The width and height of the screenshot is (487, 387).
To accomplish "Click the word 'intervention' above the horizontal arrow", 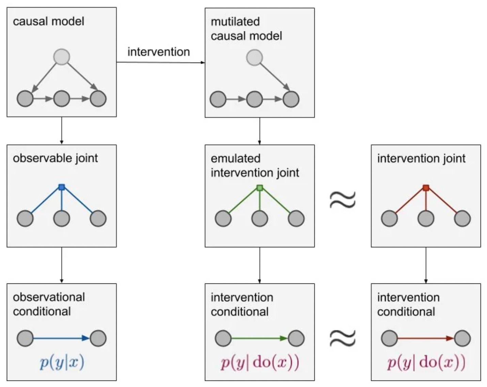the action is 159,52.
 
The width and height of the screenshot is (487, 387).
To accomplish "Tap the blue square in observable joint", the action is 62,187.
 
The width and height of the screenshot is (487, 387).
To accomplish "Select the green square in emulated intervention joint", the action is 260,188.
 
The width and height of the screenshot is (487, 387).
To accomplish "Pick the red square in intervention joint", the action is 426,188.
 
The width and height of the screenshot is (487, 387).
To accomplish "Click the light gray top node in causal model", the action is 62,57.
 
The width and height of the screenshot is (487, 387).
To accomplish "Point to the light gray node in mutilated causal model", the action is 255,58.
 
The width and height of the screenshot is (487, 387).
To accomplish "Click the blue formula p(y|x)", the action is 62,362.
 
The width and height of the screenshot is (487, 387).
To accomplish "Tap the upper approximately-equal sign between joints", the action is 343,199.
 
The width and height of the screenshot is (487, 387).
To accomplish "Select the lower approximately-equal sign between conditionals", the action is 343,338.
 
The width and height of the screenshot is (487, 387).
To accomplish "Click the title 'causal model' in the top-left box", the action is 48,21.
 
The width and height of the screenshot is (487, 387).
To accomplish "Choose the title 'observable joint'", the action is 56,158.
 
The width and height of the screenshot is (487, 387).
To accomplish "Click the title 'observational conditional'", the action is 49,304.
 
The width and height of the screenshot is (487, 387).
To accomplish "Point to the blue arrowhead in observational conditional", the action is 85,338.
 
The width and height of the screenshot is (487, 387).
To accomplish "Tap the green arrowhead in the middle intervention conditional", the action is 284,338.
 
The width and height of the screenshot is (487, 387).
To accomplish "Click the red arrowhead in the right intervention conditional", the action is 450,338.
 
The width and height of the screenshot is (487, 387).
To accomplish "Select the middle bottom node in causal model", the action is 62,99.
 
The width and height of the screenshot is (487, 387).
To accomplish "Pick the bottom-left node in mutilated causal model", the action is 218,99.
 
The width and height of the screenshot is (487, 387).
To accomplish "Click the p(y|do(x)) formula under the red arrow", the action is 426,362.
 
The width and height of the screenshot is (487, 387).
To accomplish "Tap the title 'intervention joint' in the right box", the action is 421,158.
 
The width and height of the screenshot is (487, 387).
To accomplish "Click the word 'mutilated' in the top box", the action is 235,22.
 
